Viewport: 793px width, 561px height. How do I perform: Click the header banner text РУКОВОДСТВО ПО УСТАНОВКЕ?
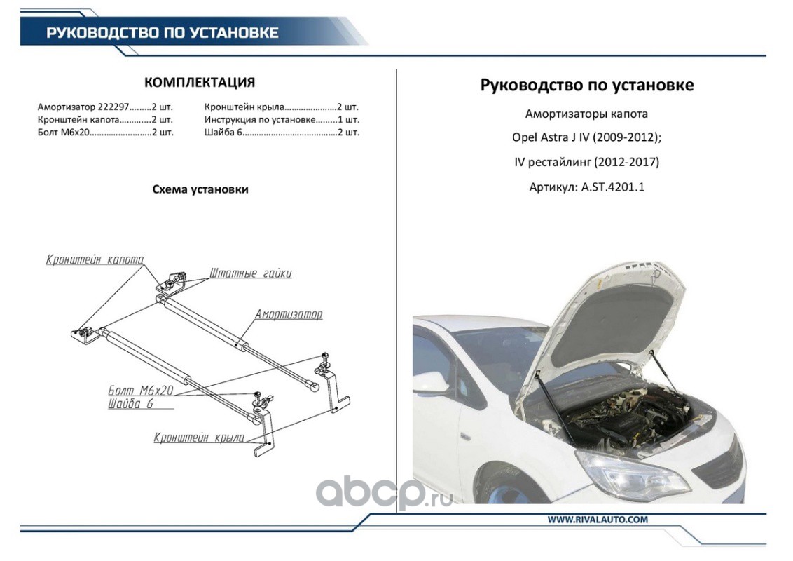click(163, 33)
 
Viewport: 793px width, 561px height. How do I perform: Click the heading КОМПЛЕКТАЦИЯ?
click(199, 83)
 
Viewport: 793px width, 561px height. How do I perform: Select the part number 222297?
click(112, 107)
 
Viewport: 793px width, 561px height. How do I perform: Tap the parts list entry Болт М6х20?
click(64, 131)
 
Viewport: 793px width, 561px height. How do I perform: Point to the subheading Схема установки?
click(200, 189)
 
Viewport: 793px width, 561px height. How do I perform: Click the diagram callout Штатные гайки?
click(251, 273)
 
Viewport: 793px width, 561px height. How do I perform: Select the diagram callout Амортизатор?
click(289, 314)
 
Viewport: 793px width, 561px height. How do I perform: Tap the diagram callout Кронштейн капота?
click(95, 259)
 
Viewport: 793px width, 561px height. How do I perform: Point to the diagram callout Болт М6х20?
click(141, 390)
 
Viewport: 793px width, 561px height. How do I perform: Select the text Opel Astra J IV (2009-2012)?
click(586, 138)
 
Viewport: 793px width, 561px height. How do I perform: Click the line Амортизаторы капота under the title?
click(586, 114)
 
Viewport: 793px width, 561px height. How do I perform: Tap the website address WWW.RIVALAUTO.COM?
click(598, 520)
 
